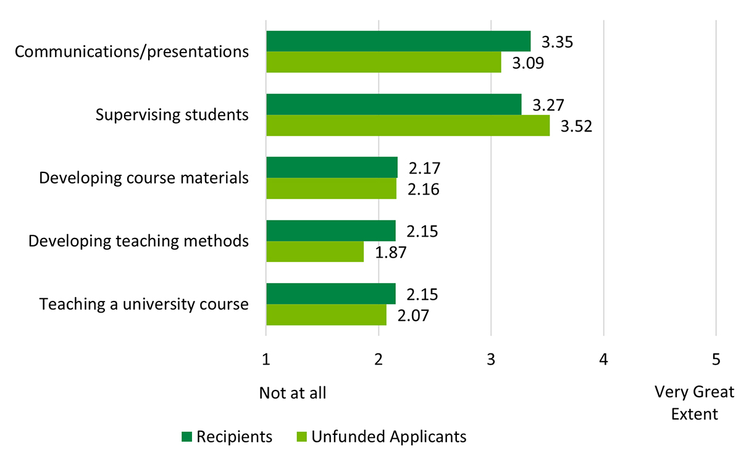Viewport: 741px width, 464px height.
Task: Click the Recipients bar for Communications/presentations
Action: click(398, 41)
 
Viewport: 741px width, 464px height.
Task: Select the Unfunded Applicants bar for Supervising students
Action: click(408, 125)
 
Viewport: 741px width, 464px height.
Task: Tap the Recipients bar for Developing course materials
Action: click(332, 167)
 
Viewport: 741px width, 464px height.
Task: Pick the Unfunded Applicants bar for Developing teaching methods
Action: click(315, 251)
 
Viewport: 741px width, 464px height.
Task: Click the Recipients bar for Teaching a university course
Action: click(330, 293)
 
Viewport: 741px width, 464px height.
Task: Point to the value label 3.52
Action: click(577, 127)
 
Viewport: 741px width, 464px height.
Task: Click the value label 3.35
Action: click(558, 43)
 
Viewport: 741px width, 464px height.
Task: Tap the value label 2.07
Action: click(413, 316)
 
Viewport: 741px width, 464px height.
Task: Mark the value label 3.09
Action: click(528, 64)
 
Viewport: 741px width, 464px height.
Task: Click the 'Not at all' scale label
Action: click(292, 393)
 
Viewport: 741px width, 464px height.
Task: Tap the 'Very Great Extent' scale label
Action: click(695, 403)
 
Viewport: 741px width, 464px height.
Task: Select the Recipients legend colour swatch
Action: click(187, 437)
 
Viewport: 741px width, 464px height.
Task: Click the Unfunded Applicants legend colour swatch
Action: click(301, 437)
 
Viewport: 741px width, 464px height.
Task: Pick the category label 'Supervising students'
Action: click(172, 115)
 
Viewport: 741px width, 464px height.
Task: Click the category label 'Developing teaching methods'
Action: click(139, 241)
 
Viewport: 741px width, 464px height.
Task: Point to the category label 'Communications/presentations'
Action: click(132, 51)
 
